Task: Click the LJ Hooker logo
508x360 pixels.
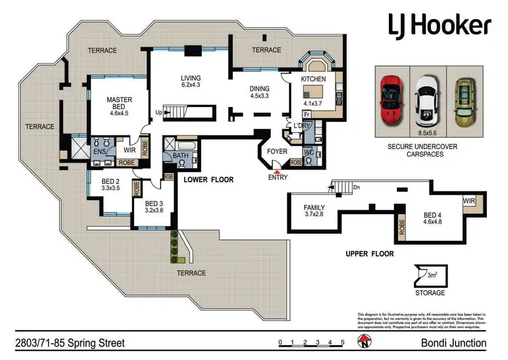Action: pos(440,26)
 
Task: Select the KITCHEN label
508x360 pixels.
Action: pos(313,79)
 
